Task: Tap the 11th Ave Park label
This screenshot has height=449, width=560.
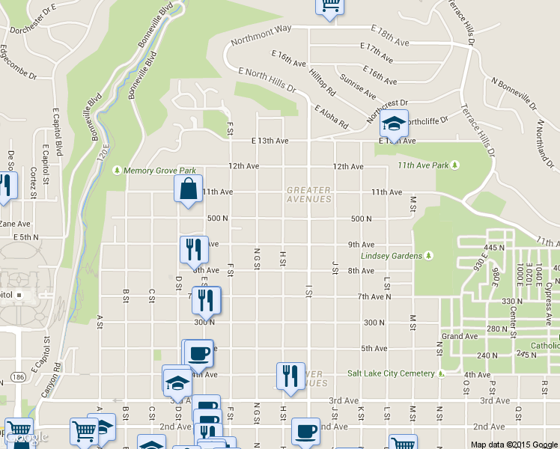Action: point(428,165)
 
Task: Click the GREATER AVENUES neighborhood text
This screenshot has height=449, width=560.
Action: point(308,195)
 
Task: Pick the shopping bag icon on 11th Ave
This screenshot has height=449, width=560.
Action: point(188,191)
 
